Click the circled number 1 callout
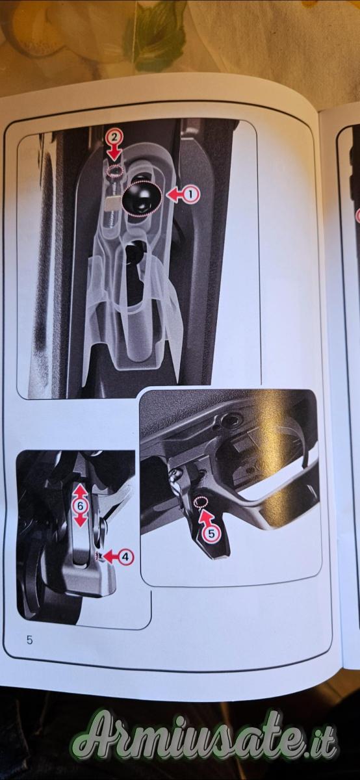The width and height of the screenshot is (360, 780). tap(190, 194)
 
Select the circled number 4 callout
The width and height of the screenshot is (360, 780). tap(125, 556)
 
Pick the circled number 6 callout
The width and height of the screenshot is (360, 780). tap(81, 506)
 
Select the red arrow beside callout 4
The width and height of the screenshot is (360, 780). tap(110, 556)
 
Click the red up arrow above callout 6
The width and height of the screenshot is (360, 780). tap(81, 491)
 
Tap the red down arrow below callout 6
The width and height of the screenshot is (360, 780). tap(81, 521)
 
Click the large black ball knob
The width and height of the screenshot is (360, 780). tap(142, 198)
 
